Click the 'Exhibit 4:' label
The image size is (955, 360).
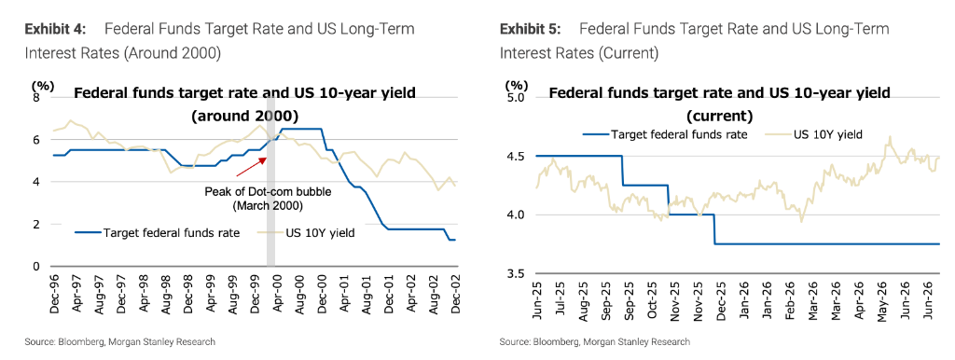click(x=55, y=29)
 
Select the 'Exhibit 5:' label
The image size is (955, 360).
click(x=530, y=29)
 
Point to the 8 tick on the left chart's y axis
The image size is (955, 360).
click(x=36, y=98)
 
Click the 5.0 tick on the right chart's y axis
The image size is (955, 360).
click(x=515, y=98)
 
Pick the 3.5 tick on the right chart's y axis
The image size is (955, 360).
click(x=515, y=273)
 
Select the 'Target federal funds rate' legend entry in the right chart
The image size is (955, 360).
click(x=665, y=134)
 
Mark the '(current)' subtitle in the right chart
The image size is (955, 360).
click(x=719, y=115)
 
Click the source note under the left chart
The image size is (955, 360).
click(x=120, y=342)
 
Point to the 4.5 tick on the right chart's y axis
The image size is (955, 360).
click(x=515, y=157)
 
